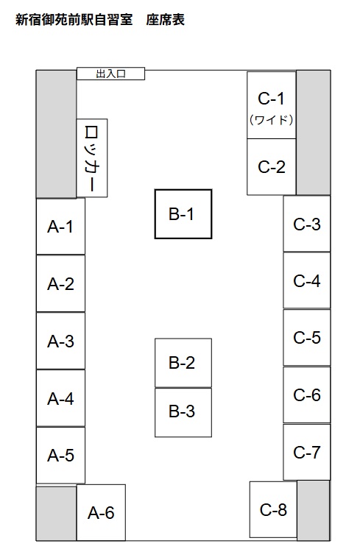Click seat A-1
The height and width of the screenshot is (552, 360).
tap(60, 227)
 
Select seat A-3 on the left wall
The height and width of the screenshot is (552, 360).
tap(60, 341)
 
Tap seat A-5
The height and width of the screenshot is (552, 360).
tap(60, 455)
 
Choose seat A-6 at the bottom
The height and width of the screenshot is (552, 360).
tap(101, 512)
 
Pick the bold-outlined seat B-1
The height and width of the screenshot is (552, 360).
tap(183, 214)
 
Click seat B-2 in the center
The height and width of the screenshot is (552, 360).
tap(183, 363)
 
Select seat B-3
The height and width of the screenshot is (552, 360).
tap(183, 412)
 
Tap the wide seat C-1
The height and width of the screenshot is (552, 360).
tap(271, 105)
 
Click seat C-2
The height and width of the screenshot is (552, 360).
tap(271, 167)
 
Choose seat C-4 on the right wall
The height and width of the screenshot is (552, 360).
tap(307, 280)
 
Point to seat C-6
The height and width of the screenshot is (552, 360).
tap(307, 394)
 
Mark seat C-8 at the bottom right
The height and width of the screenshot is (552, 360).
tap(273, 509)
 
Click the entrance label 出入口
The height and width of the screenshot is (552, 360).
tap(110, 74)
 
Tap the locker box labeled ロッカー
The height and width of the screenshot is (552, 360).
tap(92, 158)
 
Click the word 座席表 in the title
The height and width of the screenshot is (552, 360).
tap(166, 20)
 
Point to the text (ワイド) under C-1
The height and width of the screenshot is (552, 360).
tap(271, 120)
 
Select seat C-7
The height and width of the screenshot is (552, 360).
tap(307, 452)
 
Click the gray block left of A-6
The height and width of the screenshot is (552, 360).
tap(57, 512)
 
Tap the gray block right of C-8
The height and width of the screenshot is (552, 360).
tap(314, 510)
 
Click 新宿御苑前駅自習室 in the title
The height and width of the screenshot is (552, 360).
tap(74, 20)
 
